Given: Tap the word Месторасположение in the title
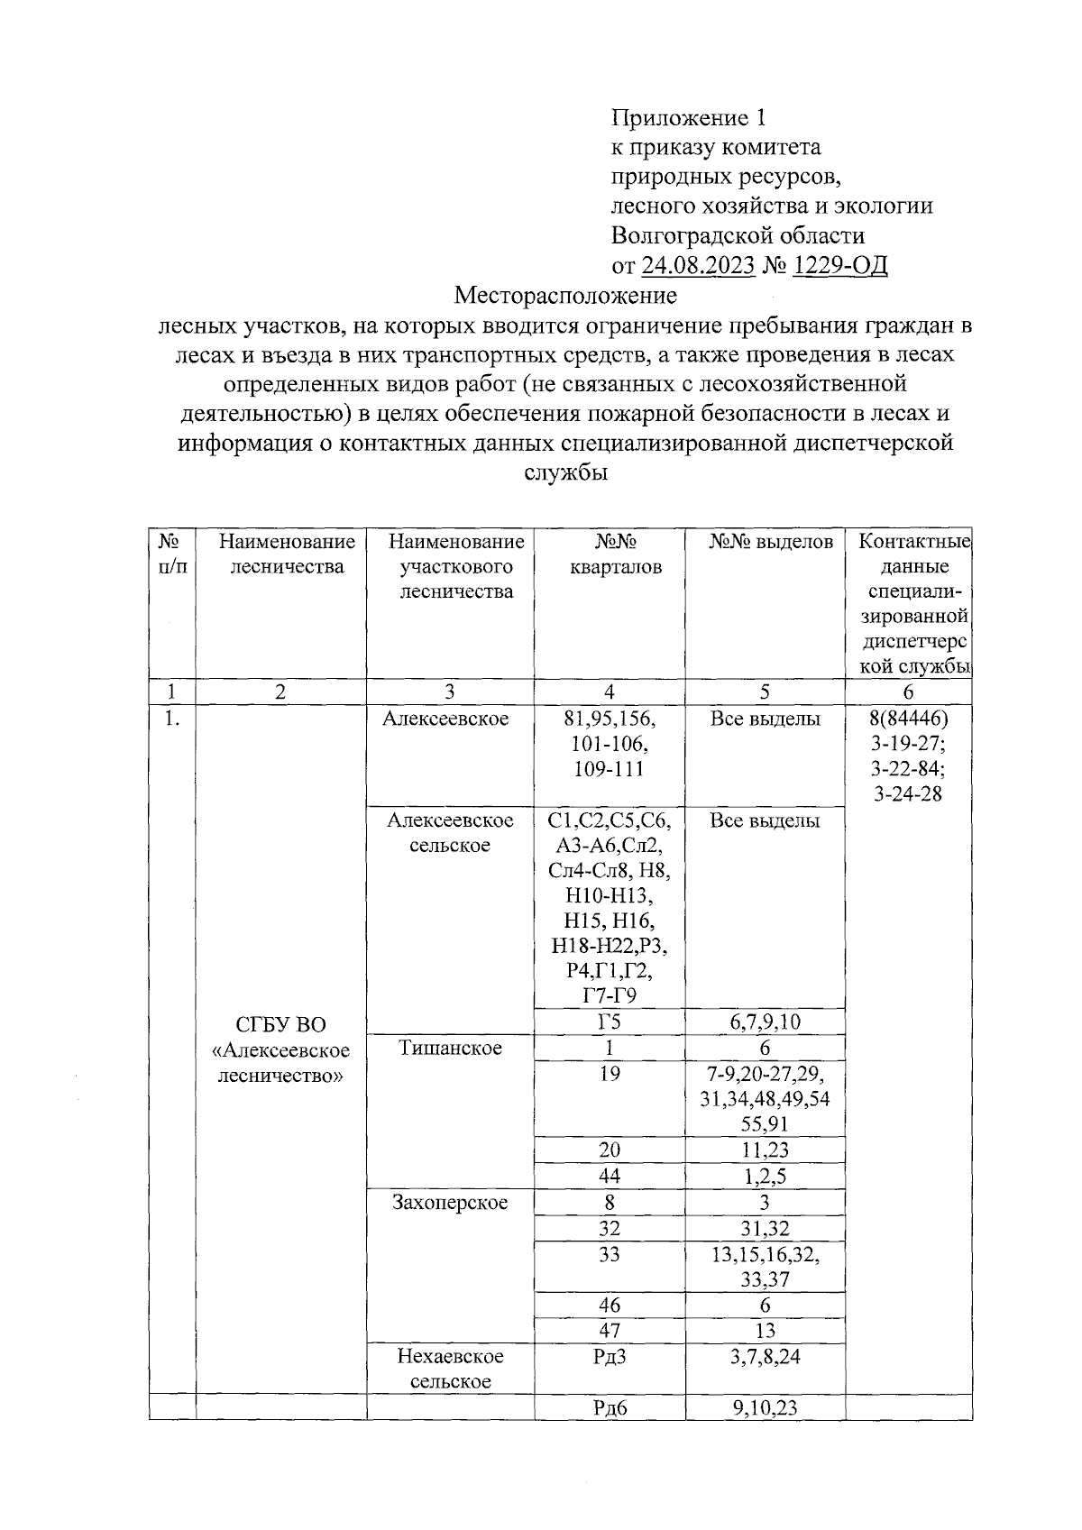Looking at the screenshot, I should (565, 295).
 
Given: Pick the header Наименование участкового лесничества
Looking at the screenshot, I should (456, 566).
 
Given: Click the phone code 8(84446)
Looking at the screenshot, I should (908, 719).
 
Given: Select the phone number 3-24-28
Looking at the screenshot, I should (908, 794).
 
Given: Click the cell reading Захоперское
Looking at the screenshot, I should (450, 1202).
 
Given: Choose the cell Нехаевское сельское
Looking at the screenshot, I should (450, 1369).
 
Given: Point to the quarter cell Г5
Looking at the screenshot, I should (610, 1022).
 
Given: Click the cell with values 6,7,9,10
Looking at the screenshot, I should (765, 1022).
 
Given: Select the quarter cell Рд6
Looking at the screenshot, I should (610, 1407).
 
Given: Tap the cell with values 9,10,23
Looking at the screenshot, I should (765, 1407).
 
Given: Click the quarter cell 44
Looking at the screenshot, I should (610, 1176).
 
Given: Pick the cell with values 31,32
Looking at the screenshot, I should (765, 1228).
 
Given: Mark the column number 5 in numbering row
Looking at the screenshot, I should (765, 692).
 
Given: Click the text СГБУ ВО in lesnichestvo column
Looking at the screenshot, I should (280, 1025).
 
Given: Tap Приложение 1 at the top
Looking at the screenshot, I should (688, 117).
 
